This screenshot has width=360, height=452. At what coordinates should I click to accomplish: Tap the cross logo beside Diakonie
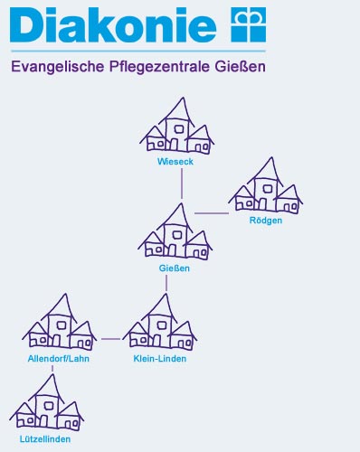point(250,23)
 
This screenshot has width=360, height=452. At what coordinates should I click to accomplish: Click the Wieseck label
point(175,163)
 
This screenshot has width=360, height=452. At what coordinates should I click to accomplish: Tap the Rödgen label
point(266,221)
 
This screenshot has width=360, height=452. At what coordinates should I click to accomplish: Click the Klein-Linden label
point(159,359)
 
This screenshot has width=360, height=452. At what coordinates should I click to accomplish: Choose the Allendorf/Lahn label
point(59,359)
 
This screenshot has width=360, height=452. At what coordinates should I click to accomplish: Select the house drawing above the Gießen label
point(175,233)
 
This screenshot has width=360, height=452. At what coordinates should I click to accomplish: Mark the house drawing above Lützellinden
point(46,404)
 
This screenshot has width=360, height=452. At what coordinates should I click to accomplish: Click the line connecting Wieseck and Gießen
point(182,183)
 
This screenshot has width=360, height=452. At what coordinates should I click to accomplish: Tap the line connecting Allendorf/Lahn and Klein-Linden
point(110,340)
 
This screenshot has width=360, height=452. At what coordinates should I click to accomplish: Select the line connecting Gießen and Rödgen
point(212,213)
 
